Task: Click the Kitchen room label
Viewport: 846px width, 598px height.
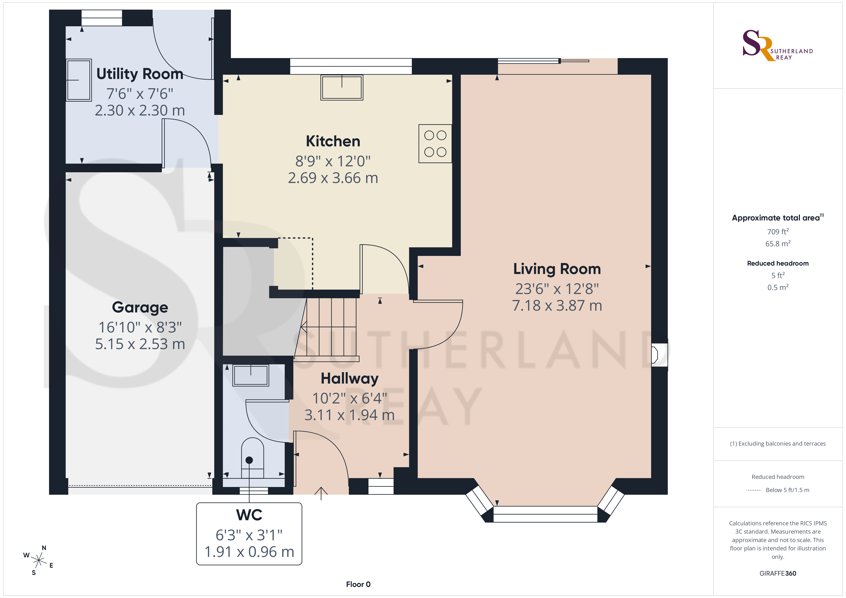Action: point(333,141)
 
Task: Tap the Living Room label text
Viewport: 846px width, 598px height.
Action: point(557,269)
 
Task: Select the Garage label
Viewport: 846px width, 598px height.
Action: point(140,307)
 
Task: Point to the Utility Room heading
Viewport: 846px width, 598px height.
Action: point(140,74)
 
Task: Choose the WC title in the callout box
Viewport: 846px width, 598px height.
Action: point(249,515)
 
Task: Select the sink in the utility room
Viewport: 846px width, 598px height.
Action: point(78,80)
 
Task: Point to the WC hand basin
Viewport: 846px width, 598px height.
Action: point(251,375)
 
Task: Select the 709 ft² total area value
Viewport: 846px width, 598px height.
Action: point(778,231)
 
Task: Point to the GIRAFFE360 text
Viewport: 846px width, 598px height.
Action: point(778,573)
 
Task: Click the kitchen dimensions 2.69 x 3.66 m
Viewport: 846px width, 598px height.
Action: point(333,178)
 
